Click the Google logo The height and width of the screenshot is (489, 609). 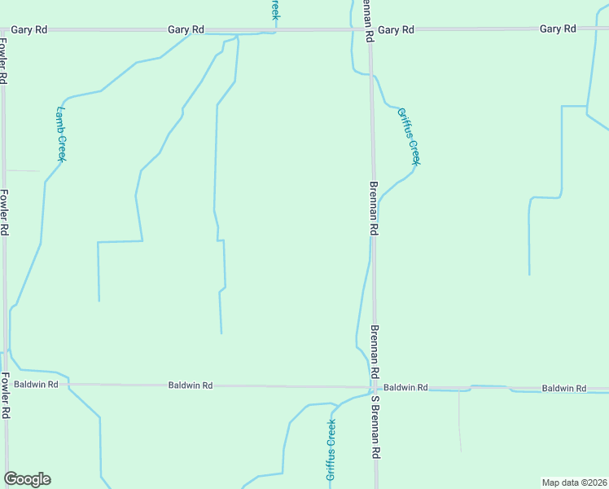[27, 479]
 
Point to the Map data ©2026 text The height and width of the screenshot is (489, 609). [574, 482]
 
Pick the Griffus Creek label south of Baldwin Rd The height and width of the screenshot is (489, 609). [331, 452]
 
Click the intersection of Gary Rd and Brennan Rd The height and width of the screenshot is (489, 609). [369, 30]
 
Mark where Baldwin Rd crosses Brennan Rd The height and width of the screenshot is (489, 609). [375, 388]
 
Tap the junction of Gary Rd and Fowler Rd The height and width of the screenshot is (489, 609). [4, 30]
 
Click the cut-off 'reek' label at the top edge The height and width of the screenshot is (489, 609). [275, 10]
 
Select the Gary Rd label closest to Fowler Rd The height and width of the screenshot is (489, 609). [28, 29]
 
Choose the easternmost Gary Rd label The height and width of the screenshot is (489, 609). [558, 29]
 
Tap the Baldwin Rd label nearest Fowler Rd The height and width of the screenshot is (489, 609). [36, 383]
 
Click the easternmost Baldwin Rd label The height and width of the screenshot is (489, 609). [564, 389]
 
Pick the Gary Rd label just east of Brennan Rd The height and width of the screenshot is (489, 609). [397, 29]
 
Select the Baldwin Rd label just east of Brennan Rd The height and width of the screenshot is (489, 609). [405, 388]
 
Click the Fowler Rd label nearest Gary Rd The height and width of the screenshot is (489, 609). [4, 65]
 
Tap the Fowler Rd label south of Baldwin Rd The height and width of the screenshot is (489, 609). [5, 395]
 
